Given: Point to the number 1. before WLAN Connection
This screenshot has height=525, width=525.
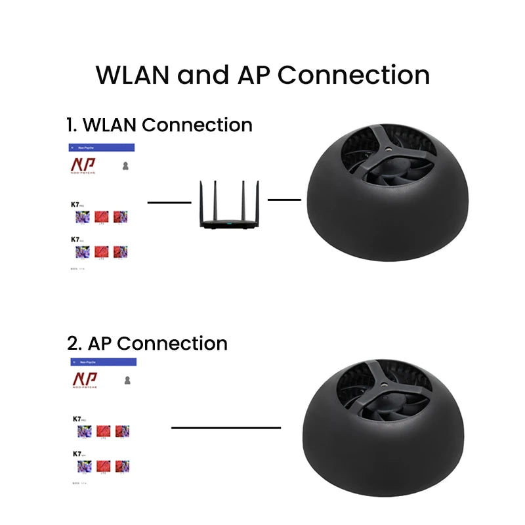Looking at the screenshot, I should tap(72, 125).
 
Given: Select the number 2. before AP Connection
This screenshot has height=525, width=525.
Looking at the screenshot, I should tap(73, 343).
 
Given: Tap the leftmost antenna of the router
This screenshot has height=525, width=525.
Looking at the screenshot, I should tap(201, 199).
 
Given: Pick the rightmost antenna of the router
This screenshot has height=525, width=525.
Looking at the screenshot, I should tap(257, 199).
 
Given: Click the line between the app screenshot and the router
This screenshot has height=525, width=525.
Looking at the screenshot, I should tap(169, 203).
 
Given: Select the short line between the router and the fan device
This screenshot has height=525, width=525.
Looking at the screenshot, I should tap(283, 199).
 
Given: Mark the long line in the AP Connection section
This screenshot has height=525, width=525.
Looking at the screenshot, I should tap(226, 428).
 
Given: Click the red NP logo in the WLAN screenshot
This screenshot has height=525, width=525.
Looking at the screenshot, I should tap(83, 165).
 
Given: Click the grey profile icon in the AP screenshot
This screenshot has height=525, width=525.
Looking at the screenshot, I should tap(127, 380).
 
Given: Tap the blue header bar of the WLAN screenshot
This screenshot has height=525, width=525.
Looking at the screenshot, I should tap(101, 148).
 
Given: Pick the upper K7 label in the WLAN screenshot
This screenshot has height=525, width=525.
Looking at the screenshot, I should tap(76, 204).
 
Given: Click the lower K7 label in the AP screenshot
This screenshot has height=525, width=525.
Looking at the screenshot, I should tap(77, 453).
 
